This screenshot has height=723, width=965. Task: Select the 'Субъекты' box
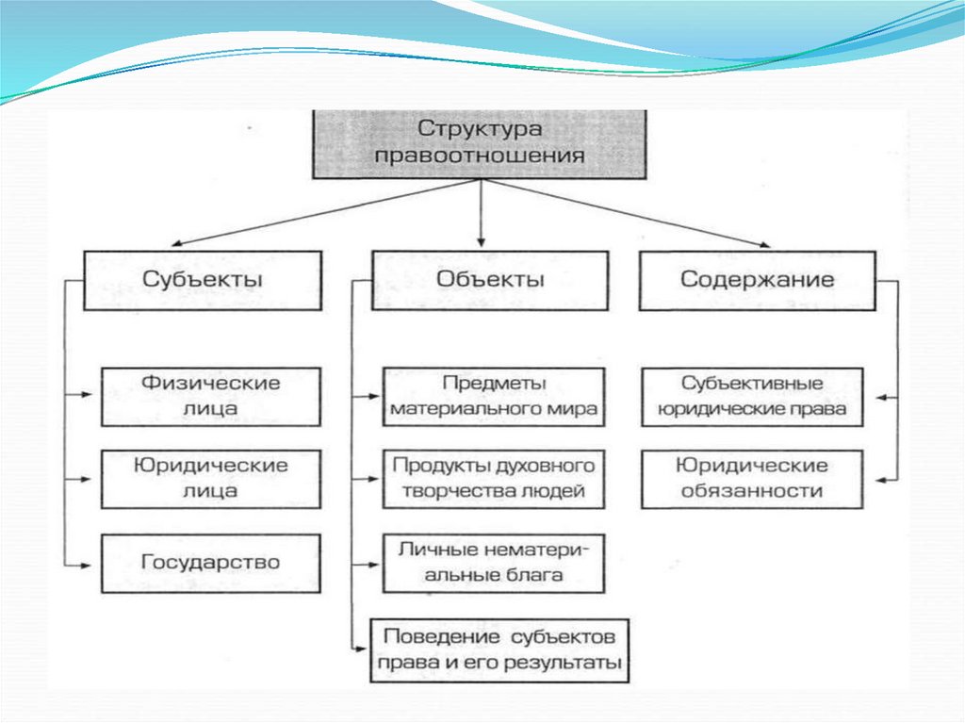coord(203,280)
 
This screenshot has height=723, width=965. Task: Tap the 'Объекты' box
coord(490,280)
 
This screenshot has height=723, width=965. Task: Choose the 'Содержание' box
coord(758,280)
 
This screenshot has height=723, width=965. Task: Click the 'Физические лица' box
coord(210,396)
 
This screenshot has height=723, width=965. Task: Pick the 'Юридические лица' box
coord(210,479)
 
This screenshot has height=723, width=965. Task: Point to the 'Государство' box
coord(210,563)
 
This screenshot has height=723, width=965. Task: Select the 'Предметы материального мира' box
coord(494,397)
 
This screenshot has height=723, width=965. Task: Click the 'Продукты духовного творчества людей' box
coord(494,479)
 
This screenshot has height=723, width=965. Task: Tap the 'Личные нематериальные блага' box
coord(494,563)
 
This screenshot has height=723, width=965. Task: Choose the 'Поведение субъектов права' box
coord(499,649)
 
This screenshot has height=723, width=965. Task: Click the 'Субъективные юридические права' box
coord(752,397)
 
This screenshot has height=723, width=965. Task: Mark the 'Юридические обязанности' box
coord(752,479)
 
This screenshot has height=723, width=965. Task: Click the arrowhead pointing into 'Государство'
coord(93,564)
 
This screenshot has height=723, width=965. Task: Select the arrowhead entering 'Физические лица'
coord(93,396)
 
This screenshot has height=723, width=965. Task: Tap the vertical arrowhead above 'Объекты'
coord(481,241)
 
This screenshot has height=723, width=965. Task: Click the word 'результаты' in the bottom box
coord(577,663)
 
